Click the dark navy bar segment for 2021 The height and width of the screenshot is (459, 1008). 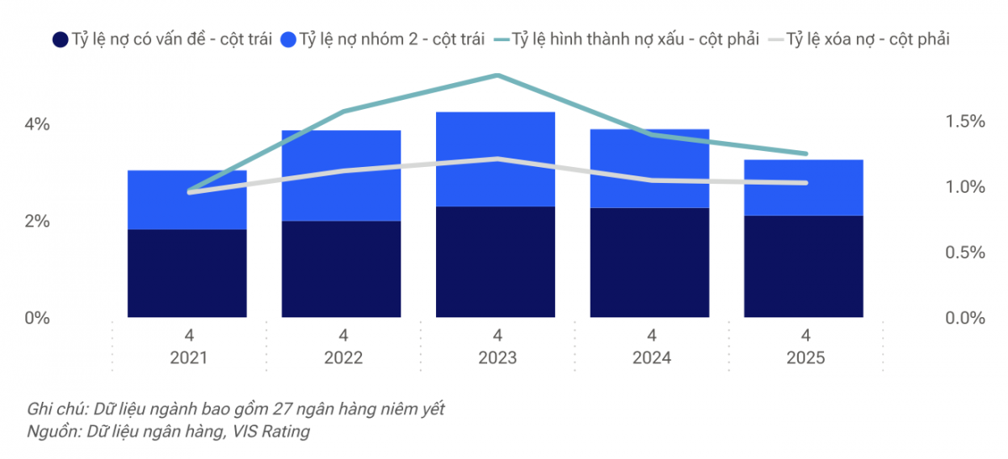[x=186, y=274]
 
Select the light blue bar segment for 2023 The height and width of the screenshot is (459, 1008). [x=496, y=159]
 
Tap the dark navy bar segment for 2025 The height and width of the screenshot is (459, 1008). [x=805, y=266]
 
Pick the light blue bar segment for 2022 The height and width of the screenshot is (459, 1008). [x=341, y=175]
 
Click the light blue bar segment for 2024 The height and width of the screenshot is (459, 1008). [x=650, y=168]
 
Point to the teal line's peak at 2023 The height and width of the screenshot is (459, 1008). [x=496, y=76]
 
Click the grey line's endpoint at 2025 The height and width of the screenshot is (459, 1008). [x=805, y=183]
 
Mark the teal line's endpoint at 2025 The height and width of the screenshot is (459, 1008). [x=805, y=154]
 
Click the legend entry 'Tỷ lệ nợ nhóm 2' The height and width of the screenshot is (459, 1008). [x=382, y=39]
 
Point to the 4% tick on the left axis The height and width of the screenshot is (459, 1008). [x=37, y=124]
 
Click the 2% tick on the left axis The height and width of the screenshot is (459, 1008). [x=37, y=222]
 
